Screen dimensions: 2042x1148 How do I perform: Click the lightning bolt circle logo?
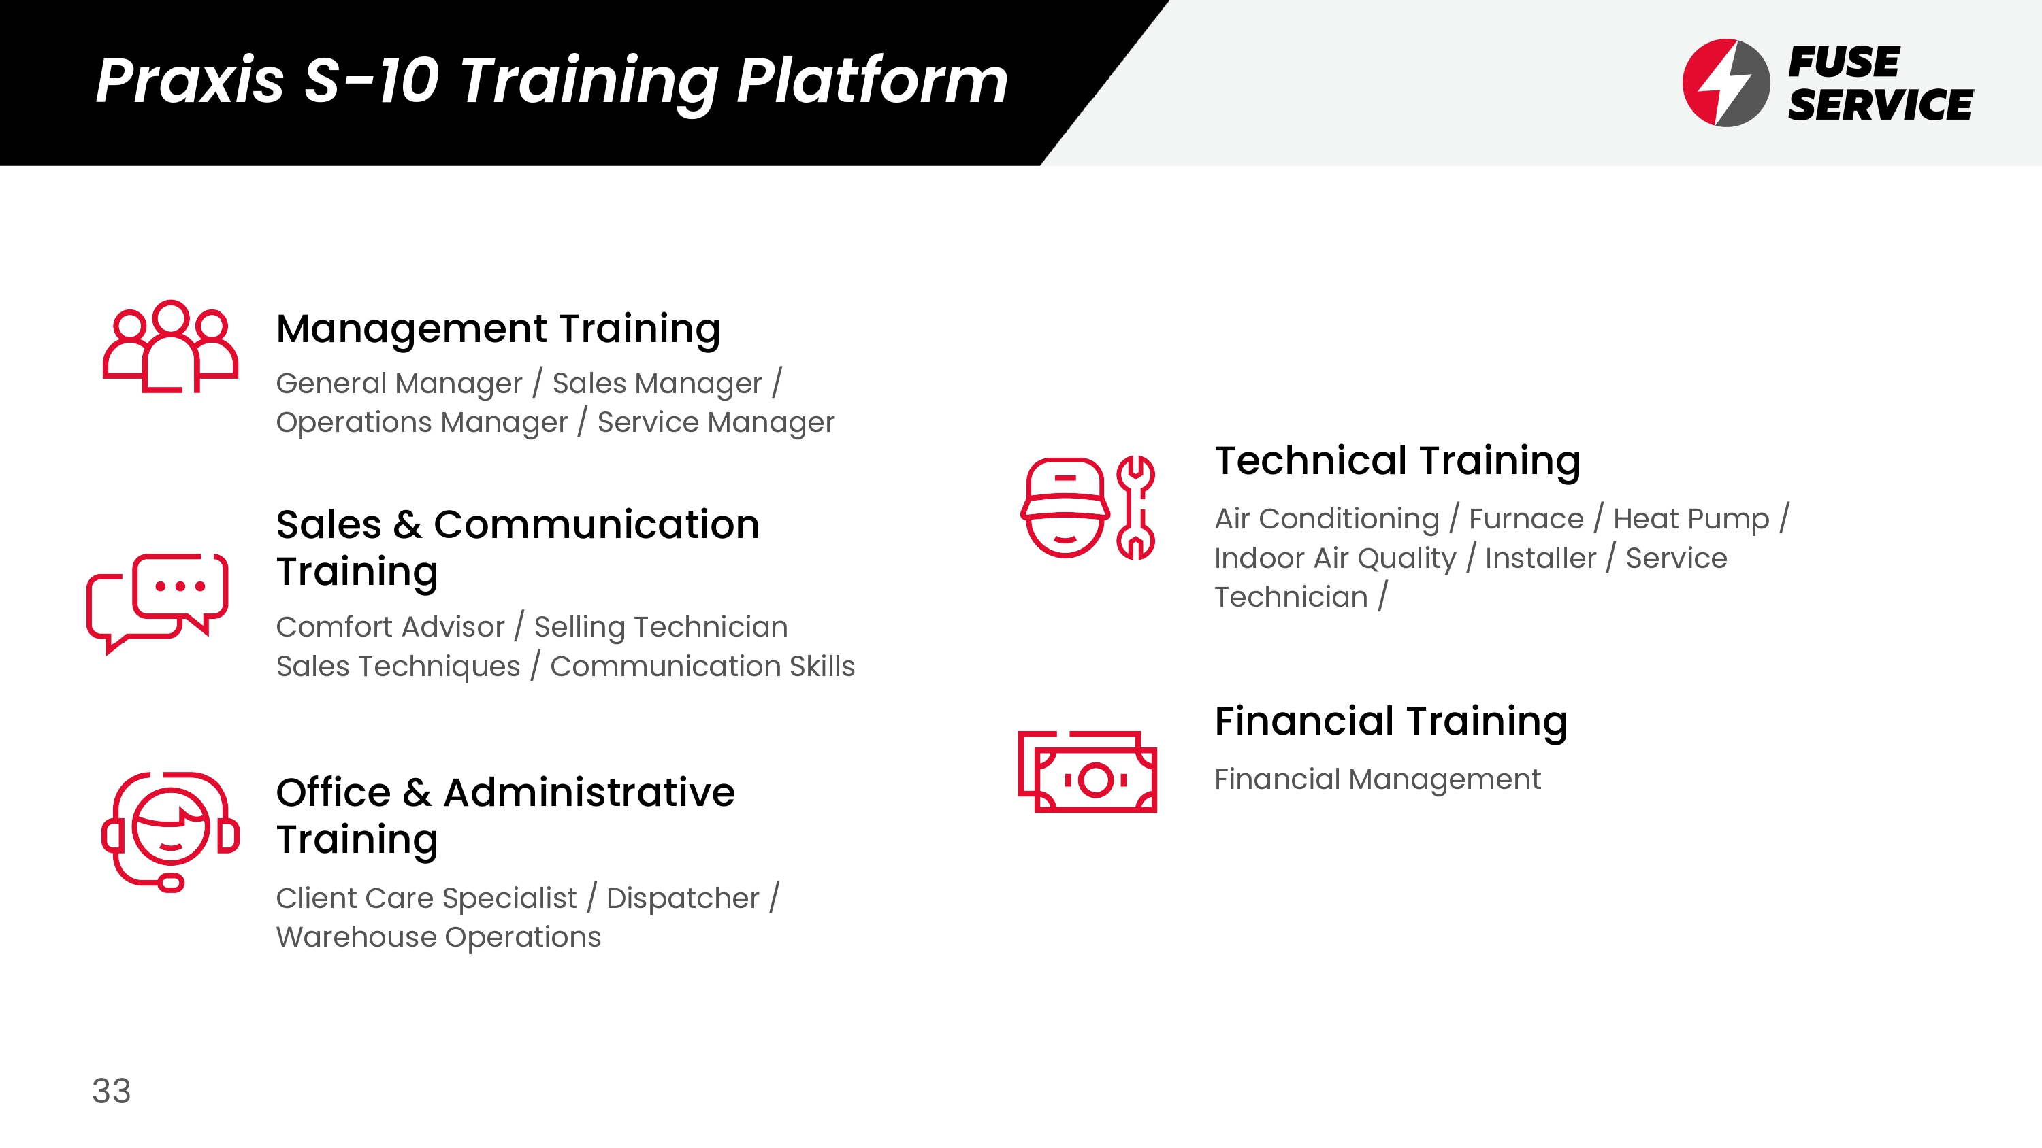coord(1725,82)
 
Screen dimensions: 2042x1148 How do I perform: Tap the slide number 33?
coord(111,1091)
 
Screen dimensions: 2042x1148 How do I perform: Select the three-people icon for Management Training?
coord(170,346)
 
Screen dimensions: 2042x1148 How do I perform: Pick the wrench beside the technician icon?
coord(1135,508)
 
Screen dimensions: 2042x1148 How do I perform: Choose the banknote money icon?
coord(1088,772)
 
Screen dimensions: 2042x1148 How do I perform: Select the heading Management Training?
coord(498,328)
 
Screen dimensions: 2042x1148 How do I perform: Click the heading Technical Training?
coord(1397,460)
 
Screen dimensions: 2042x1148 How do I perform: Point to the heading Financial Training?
coord(1391,721)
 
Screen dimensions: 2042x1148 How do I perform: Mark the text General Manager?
coord(400,384)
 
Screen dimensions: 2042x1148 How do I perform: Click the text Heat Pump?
coord(1691,519)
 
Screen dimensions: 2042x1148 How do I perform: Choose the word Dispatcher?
coord(683,898)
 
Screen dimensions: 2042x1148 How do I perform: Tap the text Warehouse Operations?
coord(438,937)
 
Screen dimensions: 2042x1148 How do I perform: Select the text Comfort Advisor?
coord(390,626)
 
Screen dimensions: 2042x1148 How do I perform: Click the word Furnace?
coord(1526,519)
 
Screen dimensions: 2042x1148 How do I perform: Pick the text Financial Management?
coord(1378,779)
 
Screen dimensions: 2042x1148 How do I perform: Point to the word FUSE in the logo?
coord(1844,62)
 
